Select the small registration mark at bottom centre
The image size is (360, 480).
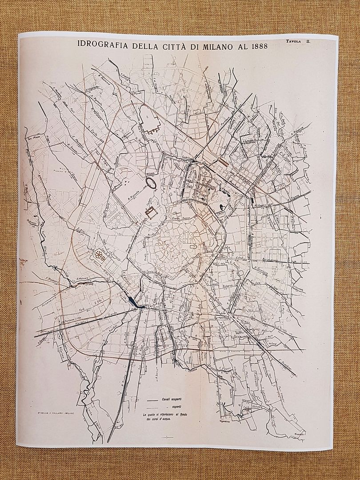click(x=168, y=438)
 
